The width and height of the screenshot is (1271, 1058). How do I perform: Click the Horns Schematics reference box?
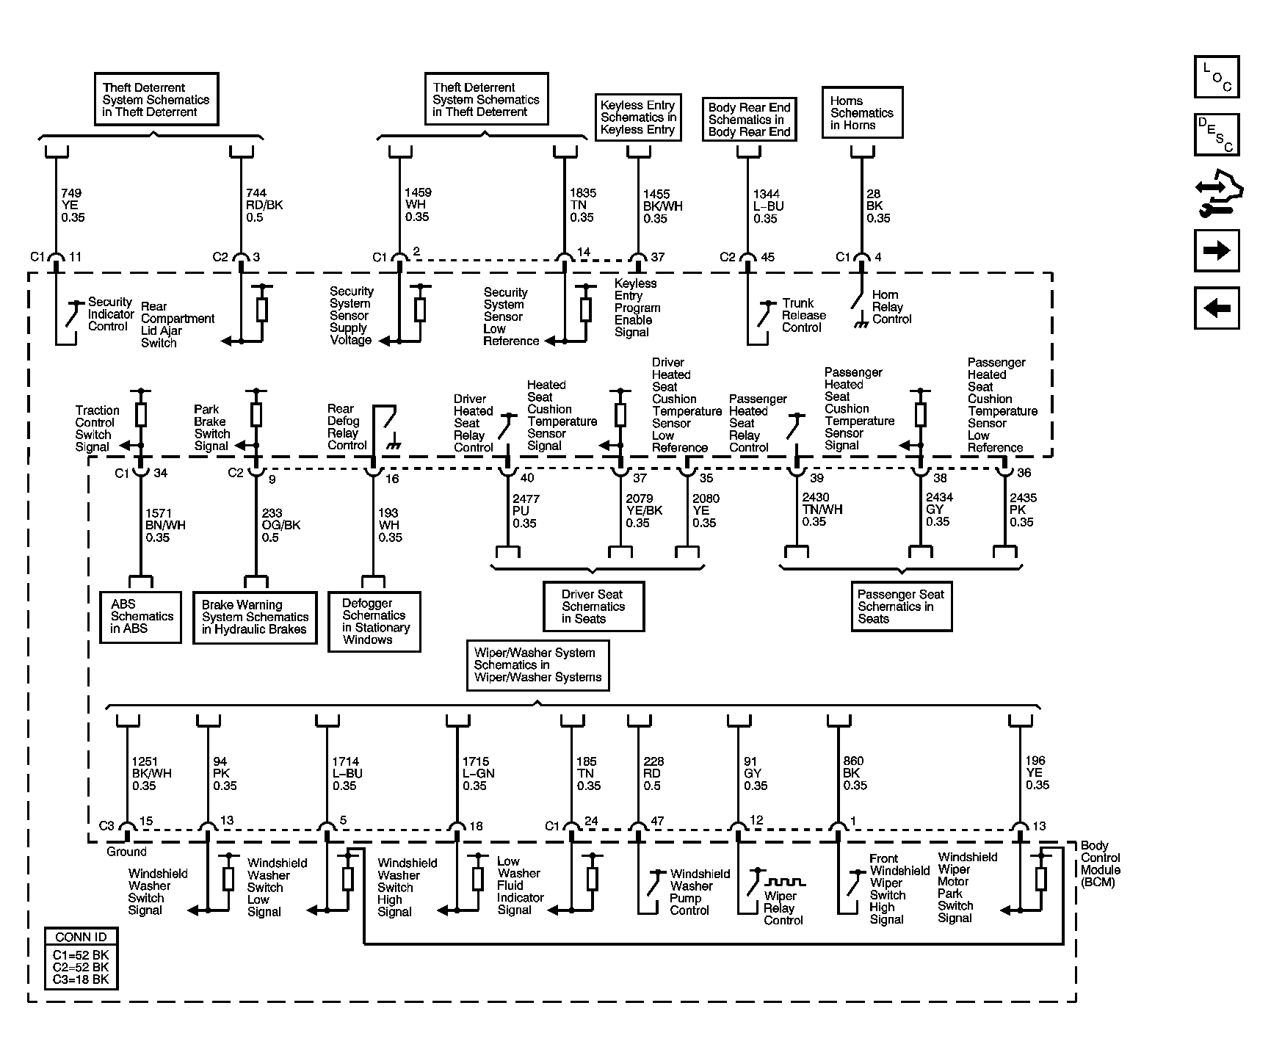862,113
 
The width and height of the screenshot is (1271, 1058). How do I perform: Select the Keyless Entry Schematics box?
637,117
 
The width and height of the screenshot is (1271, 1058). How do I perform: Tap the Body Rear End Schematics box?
749,120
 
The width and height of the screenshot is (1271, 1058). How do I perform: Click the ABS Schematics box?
140,617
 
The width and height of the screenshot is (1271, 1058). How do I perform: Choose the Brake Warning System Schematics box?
255,617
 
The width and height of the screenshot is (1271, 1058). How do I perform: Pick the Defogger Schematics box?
374,622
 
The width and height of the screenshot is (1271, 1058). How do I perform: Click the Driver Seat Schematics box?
593,606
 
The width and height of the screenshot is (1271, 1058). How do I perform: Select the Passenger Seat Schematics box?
901,606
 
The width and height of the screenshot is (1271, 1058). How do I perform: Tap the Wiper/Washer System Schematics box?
537,665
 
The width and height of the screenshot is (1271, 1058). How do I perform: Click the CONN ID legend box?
81,958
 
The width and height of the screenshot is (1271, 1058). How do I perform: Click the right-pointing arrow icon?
1217,251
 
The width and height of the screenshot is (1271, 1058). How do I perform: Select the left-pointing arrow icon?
1217,308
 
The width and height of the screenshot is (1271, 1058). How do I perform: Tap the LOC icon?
1217,77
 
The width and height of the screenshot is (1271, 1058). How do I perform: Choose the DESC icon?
1217,134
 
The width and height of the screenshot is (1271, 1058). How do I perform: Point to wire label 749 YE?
72,206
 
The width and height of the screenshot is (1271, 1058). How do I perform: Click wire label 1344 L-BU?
767,206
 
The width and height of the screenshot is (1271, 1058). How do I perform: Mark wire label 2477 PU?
526,511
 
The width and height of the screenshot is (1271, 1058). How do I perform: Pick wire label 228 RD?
653,774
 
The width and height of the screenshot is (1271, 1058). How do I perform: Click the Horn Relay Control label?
891,307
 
